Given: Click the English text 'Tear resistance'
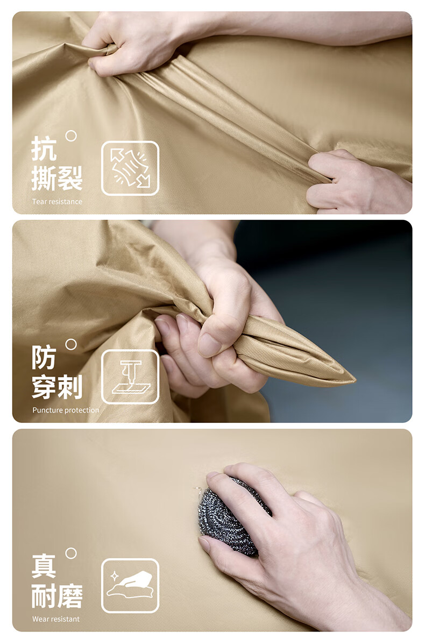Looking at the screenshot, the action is pos(57,201).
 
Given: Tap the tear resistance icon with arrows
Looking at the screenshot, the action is pos(130,168).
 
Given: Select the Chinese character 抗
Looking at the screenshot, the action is pos(44,148).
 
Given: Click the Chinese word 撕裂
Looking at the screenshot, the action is pos(57,178).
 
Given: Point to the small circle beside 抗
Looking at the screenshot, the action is pos(71,136).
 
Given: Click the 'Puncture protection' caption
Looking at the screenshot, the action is pos(66,410).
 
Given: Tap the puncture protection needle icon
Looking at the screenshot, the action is pos(130,377).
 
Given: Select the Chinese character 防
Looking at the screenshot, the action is pos(44,357).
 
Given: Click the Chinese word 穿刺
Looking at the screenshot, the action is pos(57,387).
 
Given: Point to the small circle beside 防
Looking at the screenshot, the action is pos(71,344).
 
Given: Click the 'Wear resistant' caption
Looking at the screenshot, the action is pos(56,619).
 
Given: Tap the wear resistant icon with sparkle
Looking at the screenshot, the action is pos(130,586).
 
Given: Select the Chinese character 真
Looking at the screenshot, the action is pos(44,566).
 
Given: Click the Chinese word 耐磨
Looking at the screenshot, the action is pos(57,596).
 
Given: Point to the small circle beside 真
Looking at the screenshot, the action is pos(71,553).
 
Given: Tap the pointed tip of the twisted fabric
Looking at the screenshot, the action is pos(355,381).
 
